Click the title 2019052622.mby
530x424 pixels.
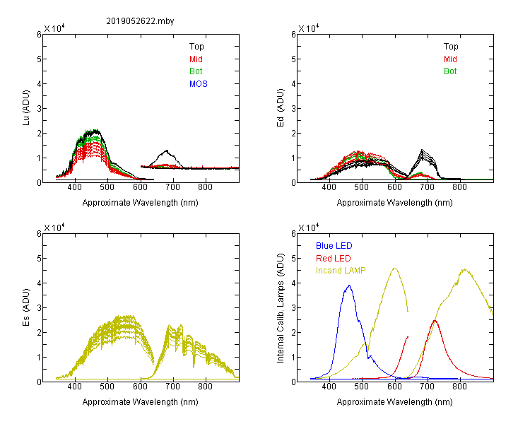pos(140,21)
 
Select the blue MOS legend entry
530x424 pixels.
pos(199,84)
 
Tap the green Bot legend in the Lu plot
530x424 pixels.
pos(196,71)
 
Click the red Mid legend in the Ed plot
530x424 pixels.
pos(450,59)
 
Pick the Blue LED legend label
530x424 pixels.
pos(334,246)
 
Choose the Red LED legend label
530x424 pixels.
pos(334,259)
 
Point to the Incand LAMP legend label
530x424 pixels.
pos(341,271)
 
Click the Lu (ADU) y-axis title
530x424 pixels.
pos(26,107)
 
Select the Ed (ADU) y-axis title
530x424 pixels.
pos(281,108)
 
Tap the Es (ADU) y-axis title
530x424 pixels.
pos(26,307)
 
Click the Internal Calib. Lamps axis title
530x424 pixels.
pos(281,308)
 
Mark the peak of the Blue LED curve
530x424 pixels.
pos(349,285)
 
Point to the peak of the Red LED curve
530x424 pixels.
pos(435,320)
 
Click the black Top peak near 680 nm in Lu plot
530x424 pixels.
pos(167,151)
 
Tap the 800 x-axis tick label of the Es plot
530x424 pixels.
pos(205,386)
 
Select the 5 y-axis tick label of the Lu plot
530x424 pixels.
pos(39,59)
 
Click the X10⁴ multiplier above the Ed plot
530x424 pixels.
pos(309,28)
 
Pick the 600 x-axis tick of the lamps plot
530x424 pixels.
pos(394,386)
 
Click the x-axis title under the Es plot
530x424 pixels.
pos(141,401)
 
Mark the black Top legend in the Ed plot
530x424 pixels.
pos(451,47)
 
